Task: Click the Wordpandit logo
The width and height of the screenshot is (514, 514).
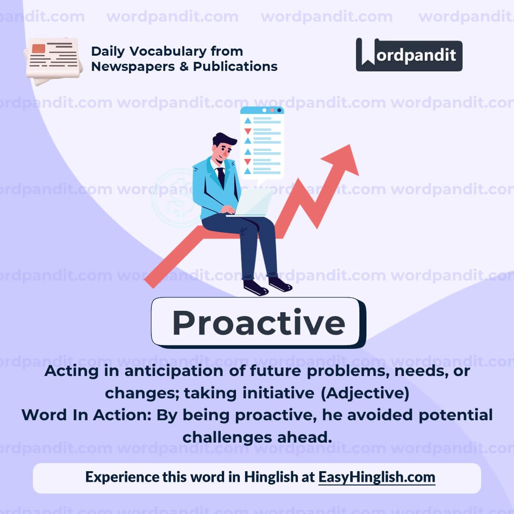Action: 409,55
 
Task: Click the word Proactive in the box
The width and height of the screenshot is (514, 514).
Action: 258,323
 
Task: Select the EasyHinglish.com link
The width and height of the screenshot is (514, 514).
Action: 376,477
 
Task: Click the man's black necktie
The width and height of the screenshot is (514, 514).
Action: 221,177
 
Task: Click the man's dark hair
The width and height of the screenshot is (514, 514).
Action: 225,139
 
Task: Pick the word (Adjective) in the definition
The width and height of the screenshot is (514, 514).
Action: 365,393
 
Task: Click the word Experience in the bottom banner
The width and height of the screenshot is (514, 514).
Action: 122,477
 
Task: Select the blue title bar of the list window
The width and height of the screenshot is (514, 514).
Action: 262,110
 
